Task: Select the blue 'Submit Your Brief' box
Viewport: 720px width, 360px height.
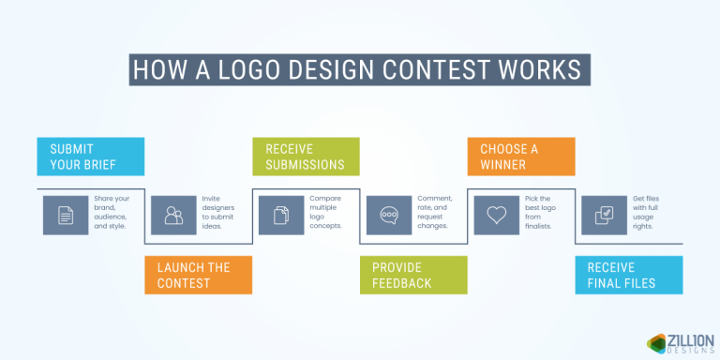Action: pos(90,157)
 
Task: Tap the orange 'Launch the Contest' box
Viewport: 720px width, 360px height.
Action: pos(198,275)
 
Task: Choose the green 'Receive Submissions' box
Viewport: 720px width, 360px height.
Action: pos(306,157)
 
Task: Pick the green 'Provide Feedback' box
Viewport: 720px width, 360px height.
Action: pos(413,275)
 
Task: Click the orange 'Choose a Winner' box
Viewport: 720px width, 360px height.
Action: pos(521,157)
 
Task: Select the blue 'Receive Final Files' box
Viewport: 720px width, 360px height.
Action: pos(628,275)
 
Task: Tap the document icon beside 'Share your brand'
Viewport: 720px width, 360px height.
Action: pos(66,215)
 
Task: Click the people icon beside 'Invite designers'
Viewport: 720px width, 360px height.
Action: pos(173,215)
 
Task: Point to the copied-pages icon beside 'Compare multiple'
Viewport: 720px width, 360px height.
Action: pos(281,215)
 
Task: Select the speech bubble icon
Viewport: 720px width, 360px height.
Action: pos(389,215)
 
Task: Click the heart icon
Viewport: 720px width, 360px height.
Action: pos(497,215)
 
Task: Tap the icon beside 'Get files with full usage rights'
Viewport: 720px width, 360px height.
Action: pos(605,215)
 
